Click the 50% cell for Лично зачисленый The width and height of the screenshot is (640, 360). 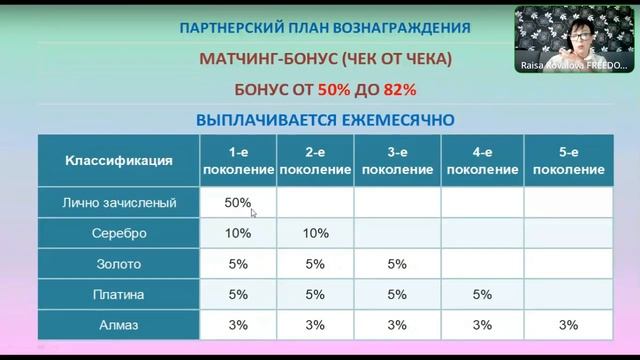(x=238, y=203)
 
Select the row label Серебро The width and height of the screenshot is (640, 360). (x=119, y=234)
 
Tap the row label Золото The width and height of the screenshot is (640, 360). (x=119, y=265)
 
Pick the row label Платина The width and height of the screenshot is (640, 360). (x=119, y=295)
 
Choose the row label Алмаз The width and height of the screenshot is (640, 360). (x=119, y=325)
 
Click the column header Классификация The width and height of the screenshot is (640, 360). (x=119, y=160)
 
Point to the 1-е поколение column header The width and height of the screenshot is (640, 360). (x=238, y=161)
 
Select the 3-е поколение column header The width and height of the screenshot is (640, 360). (x=397, y=161)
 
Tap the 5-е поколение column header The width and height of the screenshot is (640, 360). (x=569, y=161)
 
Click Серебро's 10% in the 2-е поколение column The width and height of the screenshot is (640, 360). (x=316, y=234)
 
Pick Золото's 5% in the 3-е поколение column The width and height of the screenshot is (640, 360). (x=397, y=265)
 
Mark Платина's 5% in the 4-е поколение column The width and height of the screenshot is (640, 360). (x=482, y=295)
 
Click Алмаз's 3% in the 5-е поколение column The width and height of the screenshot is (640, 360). (x=569, y=325)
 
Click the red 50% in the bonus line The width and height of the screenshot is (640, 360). (x=335, y=88)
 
